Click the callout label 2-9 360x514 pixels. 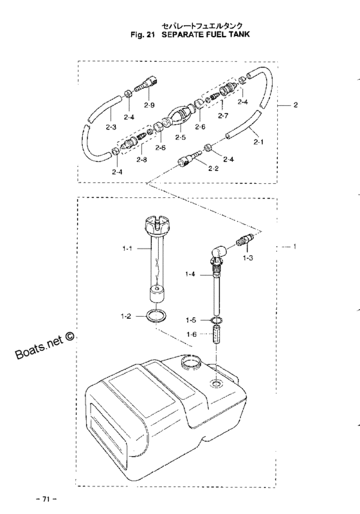149,105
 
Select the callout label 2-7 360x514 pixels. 222,115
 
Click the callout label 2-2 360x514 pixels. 213,168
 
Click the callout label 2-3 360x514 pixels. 111,127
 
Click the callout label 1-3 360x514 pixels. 248,258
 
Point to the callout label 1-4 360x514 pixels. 190,274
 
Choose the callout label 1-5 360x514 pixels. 191,320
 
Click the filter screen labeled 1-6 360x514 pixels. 218,335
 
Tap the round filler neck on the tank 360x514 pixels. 190,362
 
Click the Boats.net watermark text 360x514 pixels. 45,347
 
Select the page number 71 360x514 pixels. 46,499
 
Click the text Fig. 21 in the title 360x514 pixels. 142,35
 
